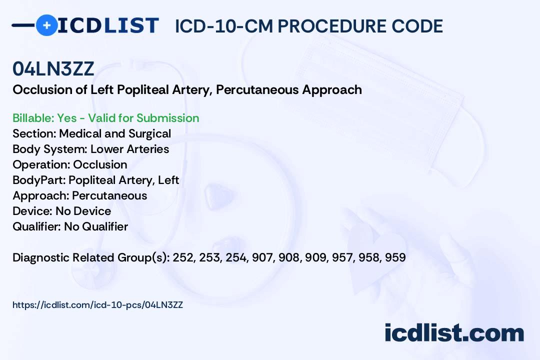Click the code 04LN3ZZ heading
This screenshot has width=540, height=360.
click(x=53, y=69)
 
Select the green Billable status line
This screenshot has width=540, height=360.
click(x=106, y=118)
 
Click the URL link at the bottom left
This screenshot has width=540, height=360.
click(x=97, y=304)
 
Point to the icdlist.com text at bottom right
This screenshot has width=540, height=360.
click(x=454, y=333)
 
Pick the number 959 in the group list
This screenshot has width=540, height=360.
click(x=395, y=257)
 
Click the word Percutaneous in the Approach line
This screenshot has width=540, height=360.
click(x=109, y=195)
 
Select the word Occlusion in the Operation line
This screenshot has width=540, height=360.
click(x=100, y=164)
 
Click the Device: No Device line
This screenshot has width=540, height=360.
click(x=62, y=211)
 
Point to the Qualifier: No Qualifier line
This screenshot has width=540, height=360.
click(x=70, y=226)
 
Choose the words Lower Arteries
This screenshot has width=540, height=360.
click(x=129, y=149)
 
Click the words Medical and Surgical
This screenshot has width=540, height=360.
click(x=115, y=133)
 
